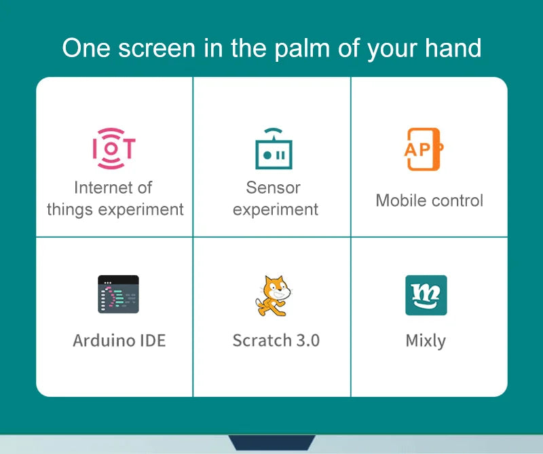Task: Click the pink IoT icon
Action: (x=113, y=148)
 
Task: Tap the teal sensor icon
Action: (x=274, y=150)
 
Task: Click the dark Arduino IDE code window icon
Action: (x=118, y=294)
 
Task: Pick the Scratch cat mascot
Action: (x=274, y=295)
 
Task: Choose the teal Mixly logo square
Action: (x=426, y=295)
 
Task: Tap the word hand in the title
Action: (x=451, y=49)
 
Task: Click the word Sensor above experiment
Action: (x=273, y=188)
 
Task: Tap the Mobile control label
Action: (x=429, y=200)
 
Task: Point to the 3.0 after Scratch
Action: (x=307, y=340)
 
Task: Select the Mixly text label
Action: (x=426, y=340)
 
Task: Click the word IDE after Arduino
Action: (x=151, y=340)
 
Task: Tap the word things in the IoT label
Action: (x=71, y=209)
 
